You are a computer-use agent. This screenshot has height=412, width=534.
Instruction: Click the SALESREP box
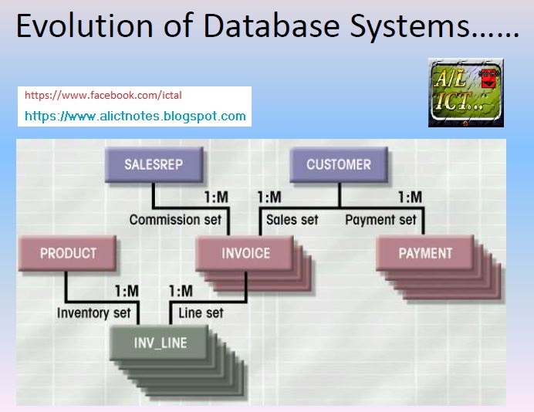(x=154, y=164)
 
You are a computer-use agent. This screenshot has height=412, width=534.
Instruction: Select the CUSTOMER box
(x=338, y=164)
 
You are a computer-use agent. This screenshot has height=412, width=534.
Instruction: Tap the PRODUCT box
(x=68, y=253)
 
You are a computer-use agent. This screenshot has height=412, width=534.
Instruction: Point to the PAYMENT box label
(x=425, y=253)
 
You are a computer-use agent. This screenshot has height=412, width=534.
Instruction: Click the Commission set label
(x=175, y=220)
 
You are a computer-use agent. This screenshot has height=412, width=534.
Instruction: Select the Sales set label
(x=292, y=220)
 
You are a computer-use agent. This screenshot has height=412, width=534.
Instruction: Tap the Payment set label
(x=380, y=220)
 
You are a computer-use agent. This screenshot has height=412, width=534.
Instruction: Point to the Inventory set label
(x=93, y=313)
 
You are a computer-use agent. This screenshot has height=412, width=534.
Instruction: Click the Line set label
(x=201, y=313)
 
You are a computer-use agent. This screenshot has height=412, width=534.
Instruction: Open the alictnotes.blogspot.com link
(x=135, y=117)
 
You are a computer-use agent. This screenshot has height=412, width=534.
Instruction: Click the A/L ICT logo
(x=465, y=92)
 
